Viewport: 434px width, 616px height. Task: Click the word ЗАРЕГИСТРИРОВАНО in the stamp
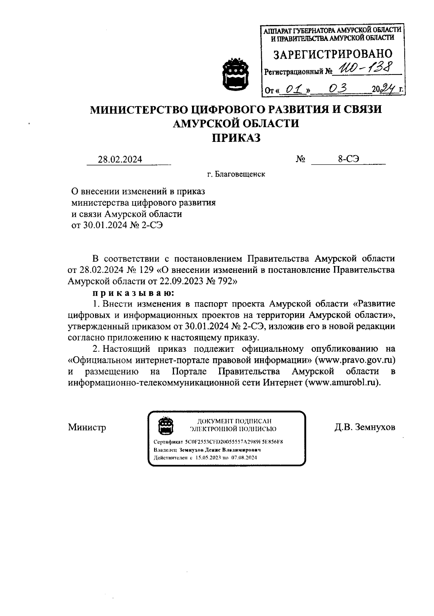332,54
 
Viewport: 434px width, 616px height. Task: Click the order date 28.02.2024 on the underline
120,159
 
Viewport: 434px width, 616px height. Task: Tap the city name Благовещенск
240,174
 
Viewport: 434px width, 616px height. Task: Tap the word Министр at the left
87,427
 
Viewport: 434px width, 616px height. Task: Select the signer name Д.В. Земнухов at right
365,427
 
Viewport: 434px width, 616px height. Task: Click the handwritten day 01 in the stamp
293,88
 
